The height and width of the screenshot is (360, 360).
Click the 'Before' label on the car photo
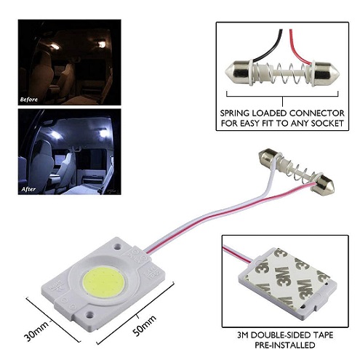[x=29, y=100]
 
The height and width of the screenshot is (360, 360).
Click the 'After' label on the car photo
[x=28, y=189]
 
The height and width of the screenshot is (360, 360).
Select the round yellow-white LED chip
[x=104, y=282]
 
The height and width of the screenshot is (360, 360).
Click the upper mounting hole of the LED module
[x=118, y=247]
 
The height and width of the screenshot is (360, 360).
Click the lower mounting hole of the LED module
[x=90, y=314]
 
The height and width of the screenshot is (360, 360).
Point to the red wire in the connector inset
[x=299, y=48]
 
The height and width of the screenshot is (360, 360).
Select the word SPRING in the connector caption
[x=234, y=113]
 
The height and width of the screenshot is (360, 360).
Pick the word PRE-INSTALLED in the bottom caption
[x=284, y=345]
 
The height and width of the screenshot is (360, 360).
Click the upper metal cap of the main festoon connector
[x=268, y=156]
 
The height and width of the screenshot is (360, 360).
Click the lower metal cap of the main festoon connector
[x=324, y=186]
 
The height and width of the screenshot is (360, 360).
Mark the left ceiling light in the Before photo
[x=55, y=47]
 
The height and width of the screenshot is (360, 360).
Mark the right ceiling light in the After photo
[x=103, y=134]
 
